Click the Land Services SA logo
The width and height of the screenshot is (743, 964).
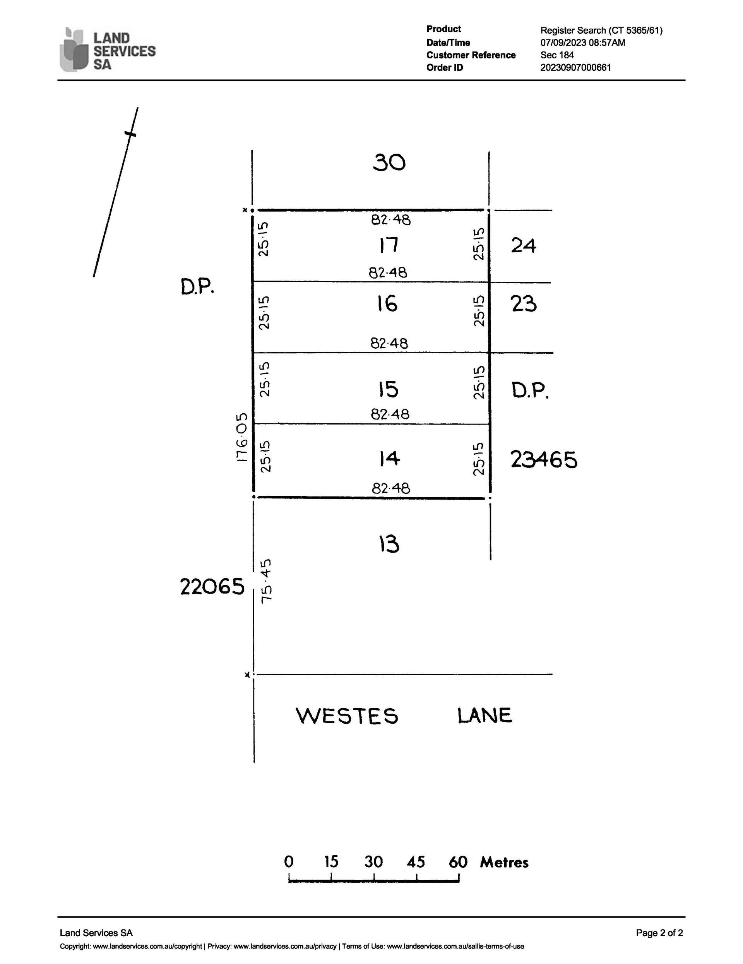[107, 50]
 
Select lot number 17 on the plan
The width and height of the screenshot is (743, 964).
[389, 245]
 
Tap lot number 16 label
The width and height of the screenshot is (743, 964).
[387, 304]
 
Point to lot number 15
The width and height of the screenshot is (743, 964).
[388, 389]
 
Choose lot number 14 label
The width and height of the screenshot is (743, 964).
[389, 459]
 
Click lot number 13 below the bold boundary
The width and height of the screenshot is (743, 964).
[389, 544]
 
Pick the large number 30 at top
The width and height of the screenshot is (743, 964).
[389, 163]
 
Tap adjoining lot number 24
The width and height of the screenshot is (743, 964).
[524, 245]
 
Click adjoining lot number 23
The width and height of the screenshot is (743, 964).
[524, 304]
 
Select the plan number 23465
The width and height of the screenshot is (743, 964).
[544, 459]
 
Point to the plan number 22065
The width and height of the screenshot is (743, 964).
[212, 587]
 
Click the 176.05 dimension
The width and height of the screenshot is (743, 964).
[241, 437]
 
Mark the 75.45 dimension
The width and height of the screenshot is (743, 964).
[266, 581]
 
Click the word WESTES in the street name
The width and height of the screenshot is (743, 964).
[347, 716]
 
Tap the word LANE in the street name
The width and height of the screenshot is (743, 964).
[485, 716]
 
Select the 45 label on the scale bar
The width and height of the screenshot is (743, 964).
[416, 862]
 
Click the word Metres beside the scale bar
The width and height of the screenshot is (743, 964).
[504, 863]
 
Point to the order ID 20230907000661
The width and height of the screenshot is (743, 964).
[576, 68]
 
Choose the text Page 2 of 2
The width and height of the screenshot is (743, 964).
[659, 933]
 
